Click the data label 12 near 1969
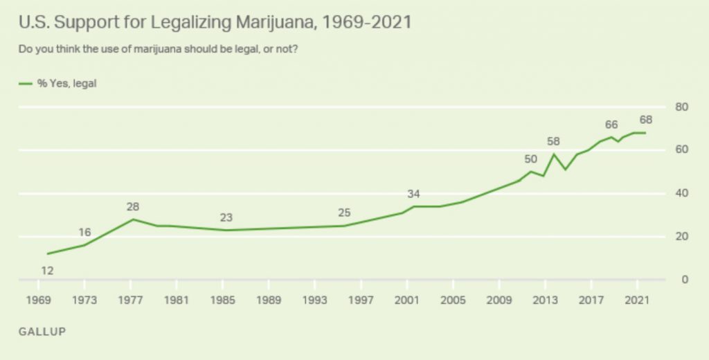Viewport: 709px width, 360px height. click(48, 271)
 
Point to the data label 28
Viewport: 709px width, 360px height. click(134, 206)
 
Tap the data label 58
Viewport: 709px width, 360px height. click(553, 141)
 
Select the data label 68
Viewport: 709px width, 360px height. click(646, 120)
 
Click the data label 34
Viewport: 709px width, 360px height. click(414, 193)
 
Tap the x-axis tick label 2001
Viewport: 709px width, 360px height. click(407, 300)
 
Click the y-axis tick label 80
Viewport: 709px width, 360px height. click(681, 107)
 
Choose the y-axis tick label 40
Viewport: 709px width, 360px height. click(681, 193)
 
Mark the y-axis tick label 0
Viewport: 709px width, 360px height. click(684, 280)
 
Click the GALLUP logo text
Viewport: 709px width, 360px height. click(42, 332)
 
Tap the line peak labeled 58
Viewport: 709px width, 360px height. click(553, 154)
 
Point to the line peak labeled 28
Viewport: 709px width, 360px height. click(133, 219)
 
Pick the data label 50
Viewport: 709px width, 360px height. click(531, 159)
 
